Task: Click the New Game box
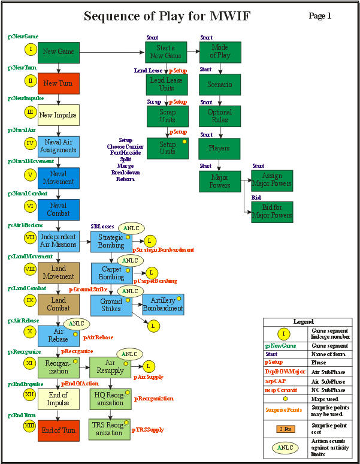coord(58,52)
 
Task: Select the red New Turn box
coord(58,83)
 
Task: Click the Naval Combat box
coord(58,209)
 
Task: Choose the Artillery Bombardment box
coord(163,304)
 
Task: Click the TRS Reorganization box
coord(110,429)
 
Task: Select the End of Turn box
coord(58,431)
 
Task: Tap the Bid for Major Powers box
coord(272,212)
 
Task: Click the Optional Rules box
coord(219,116)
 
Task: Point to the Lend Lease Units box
coord(167,83)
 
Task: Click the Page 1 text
coord(320,16)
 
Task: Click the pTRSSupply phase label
coord(148,429)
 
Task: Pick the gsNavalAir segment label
coord(22,130)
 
